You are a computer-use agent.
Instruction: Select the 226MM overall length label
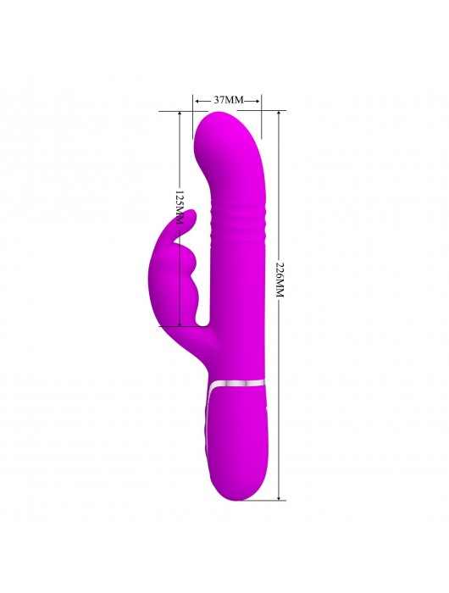(x=280, y=279)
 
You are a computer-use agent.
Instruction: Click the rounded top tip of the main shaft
(x=221, y=113)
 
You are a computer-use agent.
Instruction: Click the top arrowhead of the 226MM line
(x=279, y=114)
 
